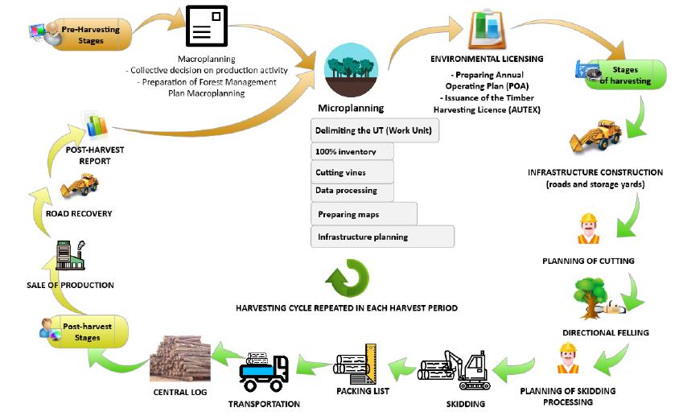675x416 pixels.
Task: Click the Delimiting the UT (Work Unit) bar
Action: (375, 130)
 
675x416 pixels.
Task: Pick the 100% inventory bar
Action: (352, 151)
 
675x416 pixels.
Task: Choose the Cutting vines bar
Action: (352, 172)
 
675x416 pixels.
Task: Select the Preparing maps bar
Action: (364, 214)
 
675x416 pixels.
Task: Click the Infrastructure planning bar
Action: (382, 237)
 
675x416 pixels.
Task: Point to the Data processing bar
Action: (352, 192)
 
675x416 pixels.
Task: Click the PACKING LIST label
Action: (363, 391)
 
